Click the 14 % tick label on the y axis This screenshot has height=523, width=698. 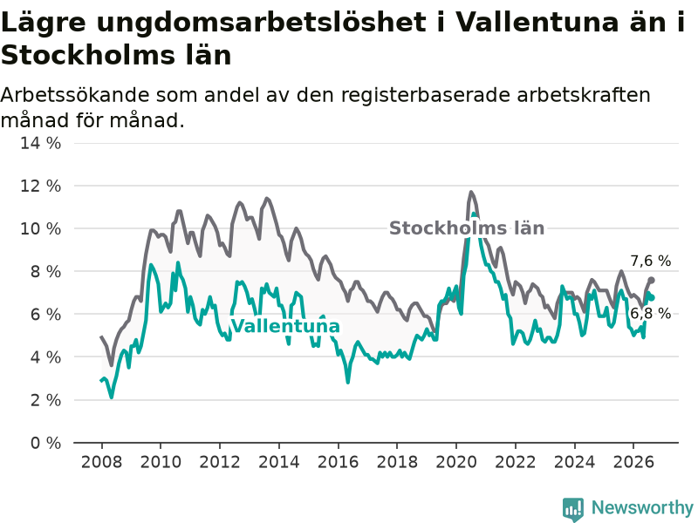pyautogui.click(x=40, y=143)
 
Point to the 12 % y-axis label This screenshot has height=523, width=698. pyautogui.click(x=40, y=186)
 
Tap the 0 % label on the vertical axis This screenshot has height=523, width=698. pyautogui.click(x=46, y=443)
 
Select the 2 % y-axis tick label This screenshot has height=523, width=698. pyautogui.click(x=46, y=400)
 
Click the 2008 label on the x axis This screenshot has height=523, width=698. pyautogui.click(x=101, y=462)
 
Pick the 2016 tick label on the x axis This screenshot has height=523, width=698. pyautogui.click(x=338, y=462)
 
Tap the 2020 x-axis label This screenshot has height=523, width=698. pyautogui.click(x=456, y=462)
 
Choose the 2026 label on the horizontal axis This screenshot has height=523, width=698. pyautogui.click(x=633, y=462)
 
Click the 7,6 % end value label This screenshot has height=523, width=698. pyautogui.click(x=650, y=261)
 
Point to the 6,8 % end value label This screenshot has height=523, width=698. pyautogui.click(x=650, y=314)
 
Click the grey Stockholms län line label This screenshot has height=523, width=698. pyautogui.click(x=467, y=228)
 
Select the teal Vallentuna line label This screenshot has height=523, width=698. pyautogui.click(x=286, y=326)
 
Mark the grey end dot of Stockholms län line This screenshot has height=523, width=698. pyautogui.click(x=651, y=280)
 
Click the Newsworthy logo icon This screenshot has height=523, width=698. pyautogui.click(x=573, y=509)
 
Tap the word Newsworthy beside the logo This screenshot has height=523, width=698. pyautogui.click(x=642, y=507)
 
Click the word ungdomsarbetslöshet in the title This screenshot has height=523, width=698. pyautogui.click(x=261, y=23)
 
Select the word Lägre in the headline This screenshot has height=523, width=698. pyautogui.click(x=43, y=23)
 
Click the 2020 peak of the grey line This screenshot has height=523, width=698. pyautogui.click(x=471, y=192)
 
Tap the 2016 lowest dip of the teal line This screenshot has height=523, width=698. pyautogui.click(x=348, y=382)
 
